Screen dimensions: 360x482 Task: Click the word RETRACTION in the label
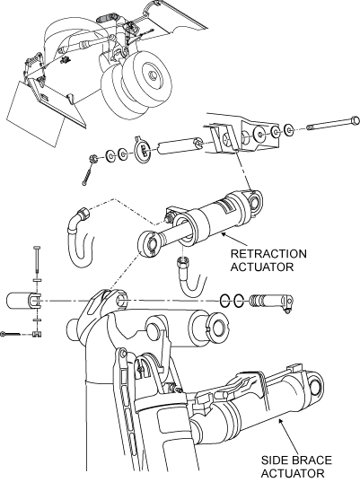(268, 254)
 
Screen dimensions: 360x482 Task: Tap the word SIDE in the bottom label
(272, 460)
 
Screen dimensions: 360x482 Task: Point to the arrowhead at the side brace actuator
(280, 423)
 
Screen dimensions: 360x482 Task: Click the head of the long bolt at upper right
(356, 120)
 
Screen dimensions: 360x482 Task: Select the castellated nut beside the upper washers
(93, 159)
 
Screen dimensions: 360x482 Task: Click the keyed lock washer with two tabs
(144, 150)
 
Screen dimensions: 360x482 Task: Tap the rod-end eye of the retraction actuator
(148, 244)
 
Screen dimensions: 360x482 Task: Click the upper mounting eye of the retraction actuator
(256, 201)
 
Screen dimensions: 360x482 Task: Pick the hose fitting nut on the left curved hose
(83, 213)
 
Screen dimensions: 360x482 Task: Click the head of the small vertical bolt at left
(37, 248)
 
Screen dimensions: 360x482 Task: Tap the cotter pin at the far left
(10, 334)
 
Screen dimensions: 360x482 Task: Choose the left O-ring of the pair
(225, 301)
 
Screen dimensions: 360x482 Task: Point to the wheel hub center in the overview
(153, 74)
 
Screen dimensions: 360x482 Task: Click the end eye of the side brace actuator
(314, 383)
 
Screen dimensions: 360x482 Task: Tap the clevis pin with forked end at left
(23, 301)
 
